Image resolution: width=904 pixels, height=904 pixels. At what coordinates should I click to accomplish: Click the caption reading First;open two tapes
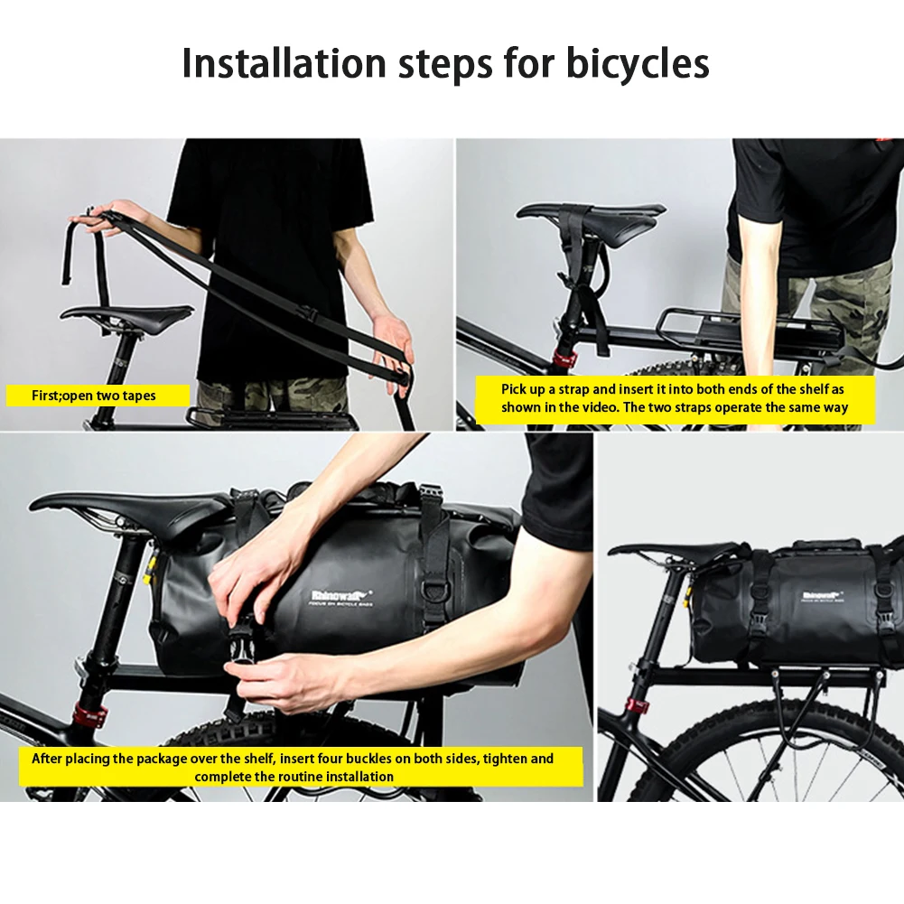point(94,396)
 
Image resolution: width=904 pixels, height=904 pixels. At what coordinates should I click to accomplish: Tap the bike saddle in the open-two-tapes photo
point(126,316)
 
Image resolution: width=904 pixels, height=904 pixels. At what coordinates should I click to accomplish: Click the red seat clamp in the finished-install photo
point(639,702)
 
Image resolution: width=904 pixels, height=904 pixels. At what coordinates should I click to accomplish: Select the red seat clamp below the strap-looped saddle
point(564,359)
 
